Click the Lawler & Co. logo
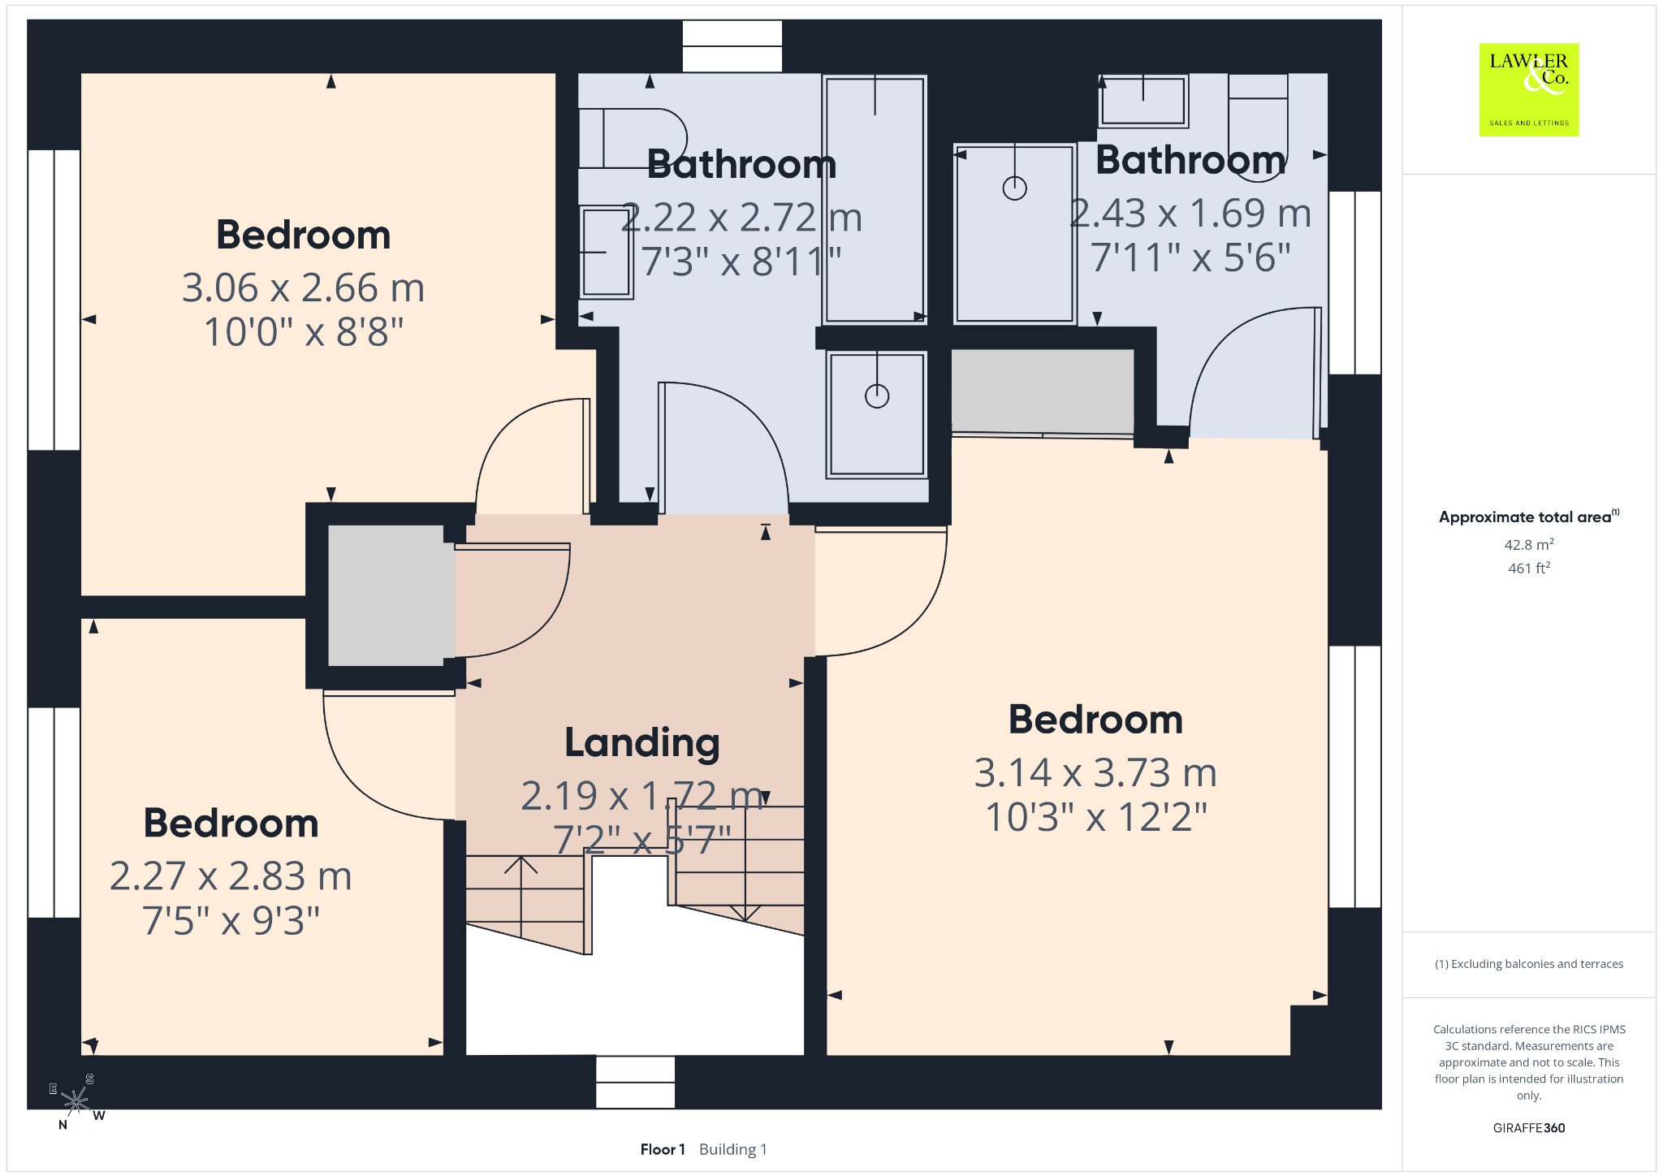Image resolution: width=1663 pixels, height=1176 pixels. point(1528,89)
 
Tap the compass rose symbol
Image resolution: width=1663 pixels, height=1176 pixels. point(76,1102)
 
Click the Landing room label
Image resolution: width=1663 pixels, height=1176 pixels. point(642,743)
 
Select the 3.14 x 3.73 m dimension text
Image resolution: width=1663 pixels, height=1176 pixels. point(1095,772)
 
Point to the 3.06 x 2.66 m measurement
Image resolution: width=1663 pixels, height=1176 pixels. point(303,288)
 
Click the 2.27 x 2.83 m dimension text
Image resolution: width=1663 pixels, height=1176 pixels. point(231,876)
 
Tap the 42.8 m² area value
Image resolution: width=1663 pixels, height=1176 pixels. point(1529,544)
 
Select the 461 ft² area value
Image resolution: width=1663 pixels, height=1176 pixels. point(1529,568)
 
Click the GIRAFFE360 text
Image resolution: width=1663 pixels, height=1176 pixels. point(1529,1127)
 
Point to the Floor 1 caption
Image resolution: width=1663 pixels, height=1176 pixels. point(663,1149)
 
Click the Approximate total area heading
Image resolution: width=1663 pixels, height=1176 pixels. point(1529,517)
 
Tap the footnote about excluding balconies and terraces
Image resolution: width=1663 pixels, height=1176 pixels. point(1529,964)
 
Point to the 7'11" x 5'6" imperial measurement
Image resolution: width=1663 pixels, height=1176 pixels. point(1190,257)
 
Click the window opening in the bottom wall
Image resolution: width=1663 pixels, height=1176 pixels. point(635,1082)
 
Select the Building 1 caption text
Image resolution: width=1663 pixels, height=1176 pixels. point(733,1149)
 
